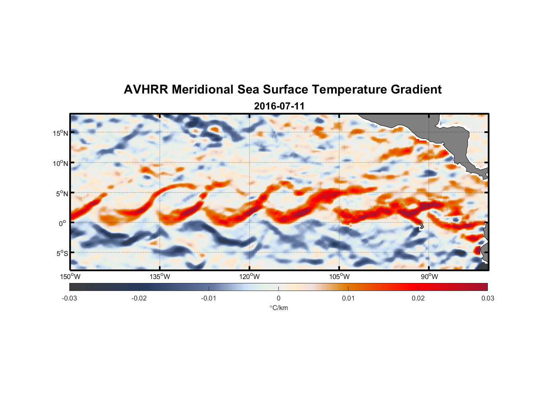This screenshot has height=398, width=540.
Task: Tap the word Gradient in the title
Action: [x=416, y=90]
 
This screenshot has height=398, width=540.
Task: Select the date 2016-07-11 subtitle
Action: [x=279, y=106]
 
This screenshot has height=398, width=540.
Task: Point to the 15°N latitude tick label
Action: [x=61, y=133]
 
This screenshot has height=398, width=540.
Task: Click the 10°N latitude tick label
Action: [x=61, y=163]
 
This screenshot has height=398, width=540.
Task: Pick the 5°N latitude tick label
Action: [x=62, y=193]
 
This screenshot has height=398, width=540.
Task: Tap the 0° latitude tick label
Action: [x=63, y=223]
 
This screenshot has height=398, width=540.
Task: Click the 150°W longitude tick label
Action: [x=70, y=277]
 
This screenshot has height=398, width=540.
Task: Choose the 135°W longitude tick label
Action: [x=160, y=277]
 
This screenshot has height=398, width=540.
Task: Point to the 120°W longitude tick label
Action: [x=250, y=277]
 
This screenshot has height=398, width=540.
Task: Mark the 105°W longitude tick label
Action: [x=339, y=277]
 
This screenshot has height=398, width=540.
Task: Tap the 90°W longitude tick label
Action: [x=429, y=277]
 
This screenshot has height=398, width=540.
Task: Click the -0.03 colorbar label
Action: [x=69, y=298]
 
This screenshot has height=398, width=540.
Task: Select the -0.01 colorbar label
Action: [x=209, y=298]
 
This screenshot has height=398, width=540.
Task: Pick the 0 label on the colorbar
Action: [x=278, y=298]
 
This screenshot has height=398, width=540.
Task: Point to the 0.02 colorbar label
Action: [x=418, y=298]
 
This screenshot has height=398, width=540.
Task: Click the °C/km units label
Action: [x=279, y=308]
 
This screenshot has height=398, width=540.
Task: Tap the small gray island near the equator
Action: [x=421, y=226]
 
